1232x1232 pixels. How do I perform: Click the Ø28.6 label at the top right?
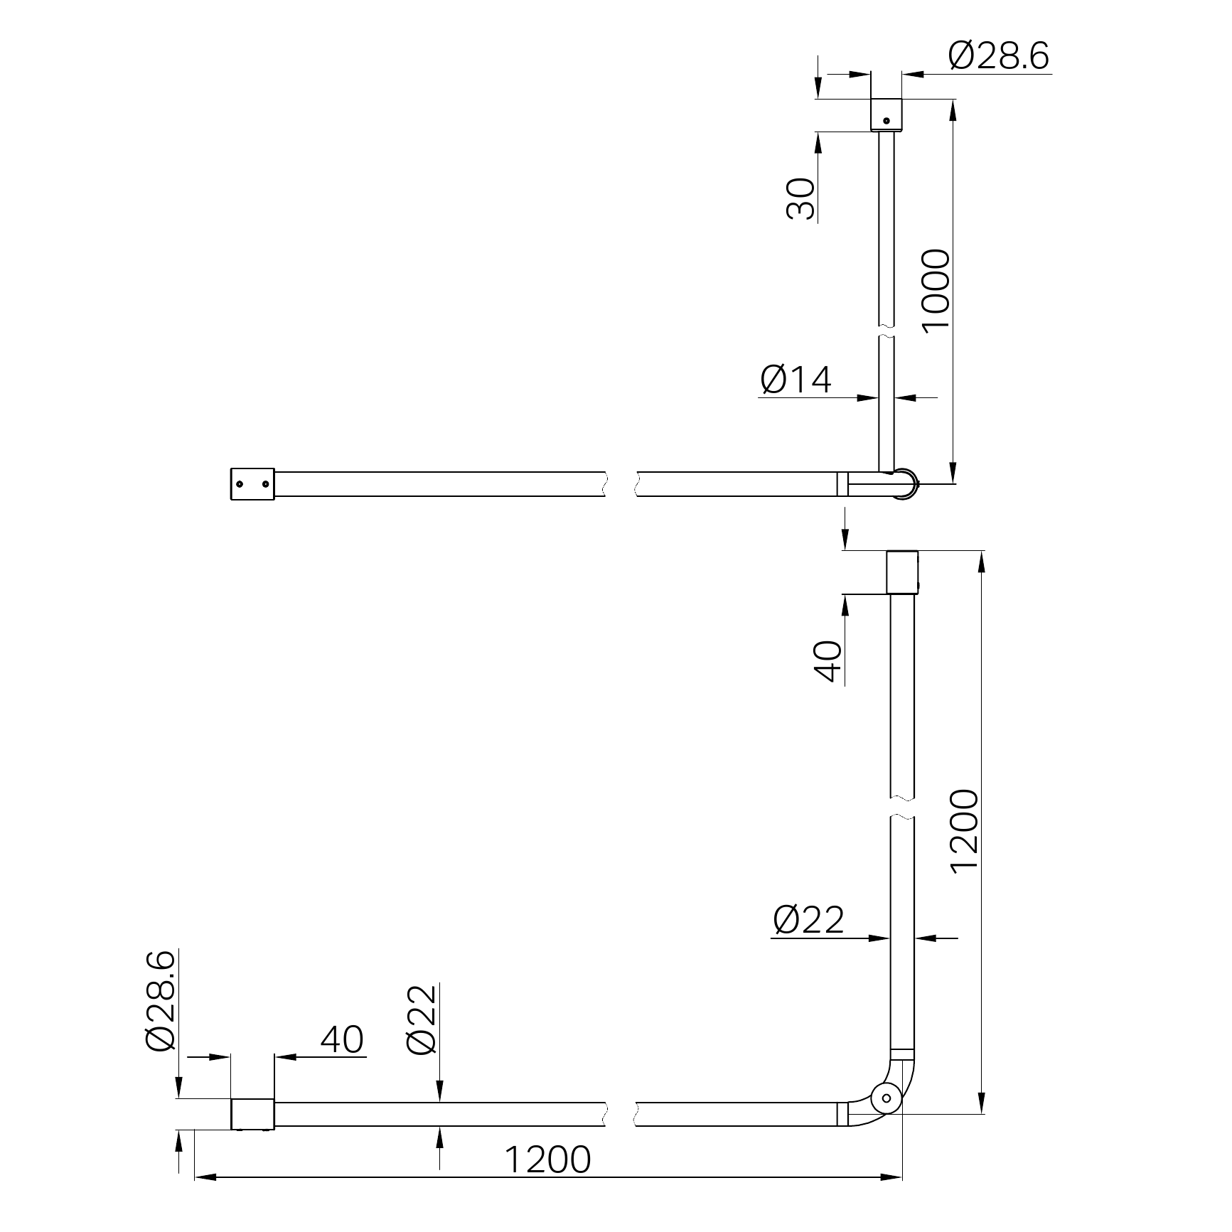(998, 57)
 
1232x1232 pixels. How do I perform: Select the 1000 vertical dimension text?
(935, 289)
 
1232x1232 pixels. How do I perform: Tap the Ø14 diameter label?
(796, 380)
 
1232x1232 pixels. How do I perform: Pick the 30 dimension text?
(801, 199)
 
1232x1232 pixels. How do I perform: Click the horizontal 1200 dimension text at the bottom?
(547, 1160)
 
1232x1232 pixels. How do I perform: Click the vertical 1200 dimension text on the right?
(965, 831)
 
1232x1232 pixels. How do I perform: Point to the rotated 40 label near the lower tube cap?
(827, 662)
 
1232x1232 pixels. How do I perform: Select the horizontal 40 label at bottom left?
(342, 1039)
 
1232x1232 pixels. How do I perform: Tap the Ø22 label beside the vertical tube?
(808, 921)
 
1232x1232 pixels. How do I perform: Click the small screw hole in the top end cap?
(886, 121)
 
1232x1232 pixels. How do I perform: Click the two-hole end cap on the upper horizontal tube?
(252, 484)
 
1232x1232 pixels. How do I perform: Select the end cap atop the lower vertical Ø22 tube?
(902, 572)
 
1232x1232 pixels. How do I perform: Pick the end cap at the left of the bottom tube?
(252, 1124)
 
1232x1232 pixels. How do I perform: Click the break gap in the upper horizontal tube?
(621, 483)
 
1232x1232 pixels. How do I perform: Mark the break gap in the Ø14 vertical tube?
(886, 332)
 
